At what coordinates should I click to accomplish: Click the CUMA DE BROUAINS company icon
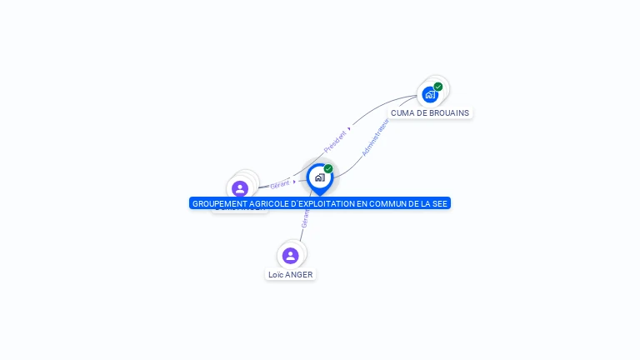tap(430, 94)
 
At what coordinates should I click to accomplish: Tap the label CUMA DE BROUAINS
tap(430, 112)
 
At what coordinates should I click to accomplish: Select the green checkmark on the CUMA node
tap(438, 87)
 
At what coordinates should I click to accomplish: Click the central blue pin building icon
tap(319, 177)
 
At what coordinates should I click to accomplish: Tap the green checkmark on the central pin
tap(328, 169)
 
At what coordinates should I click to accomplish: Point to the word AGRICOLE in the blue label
tap(266, 203)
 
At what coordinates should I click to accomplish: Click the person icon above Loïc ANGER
tap(290, 255)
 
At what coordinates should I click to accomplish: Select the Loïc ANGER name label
tap(291, 274)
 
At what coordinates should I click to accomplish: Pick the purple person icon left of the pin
tap(240, 188)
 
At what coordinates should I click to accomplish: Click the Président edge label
tap(335, 138)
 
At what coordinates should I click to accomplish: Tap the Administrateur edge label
tap(376, 137)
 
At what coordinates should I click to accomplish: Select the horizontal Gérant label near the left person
tap(280, 184)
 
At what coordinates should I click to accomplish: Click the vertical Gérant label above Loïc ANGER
tap(305, 218)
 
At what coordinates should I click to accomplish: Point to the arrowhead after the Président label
tap(349, 129)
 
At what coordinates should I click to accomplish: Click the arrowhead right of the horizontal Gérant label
tap(294, 181)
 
